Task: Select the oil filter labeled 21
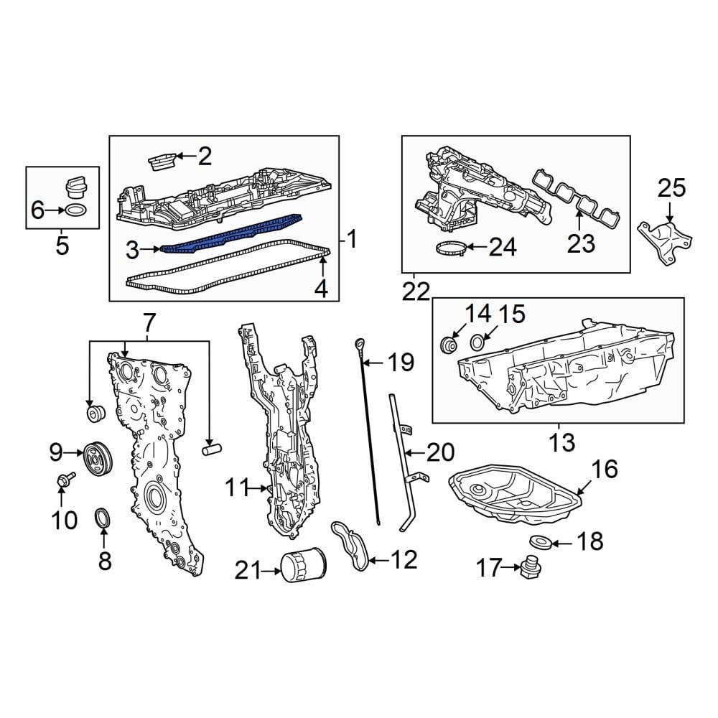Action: (x=302, y=566)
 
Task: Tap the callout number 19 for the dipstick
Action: (x=401, y=363)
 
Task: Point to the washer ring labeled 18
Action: (x=540, y=542)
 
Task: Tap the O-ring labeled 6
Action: (x=77, y=211)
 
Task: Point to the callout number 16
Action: (x=604, y=470)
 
